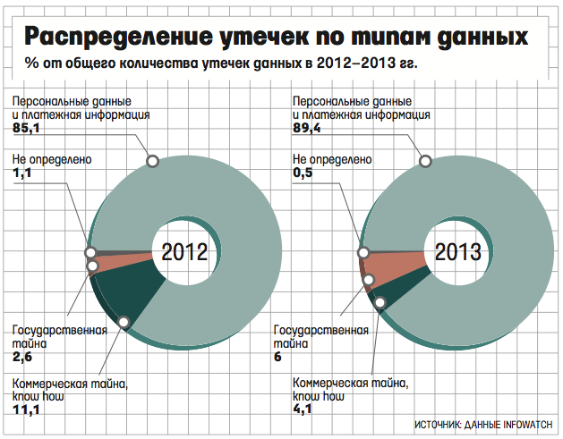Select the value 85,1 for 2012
click(x=30, y=129)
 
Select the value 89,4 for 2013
click(x=307, y=129)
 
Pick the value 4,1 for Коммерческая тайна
click(x=304, y=410)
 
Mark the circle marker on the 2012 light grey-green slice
click(x=152, y=161)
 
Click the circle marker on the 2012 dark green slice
click(x=124, y=321)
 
